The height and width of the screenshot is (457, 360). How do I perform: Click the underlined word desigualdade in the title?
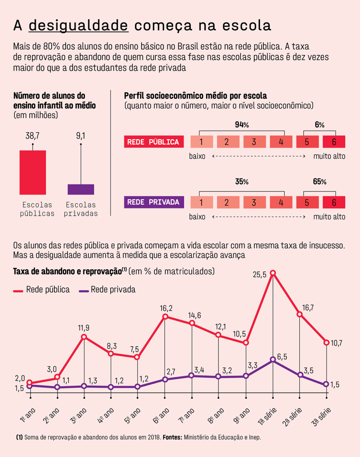coord(79,25)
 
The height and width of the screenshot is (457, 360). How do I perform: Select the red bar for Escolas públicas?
coord(33,172)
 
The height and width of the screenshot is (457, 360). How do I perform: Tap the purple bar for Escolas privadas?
coord(81,189)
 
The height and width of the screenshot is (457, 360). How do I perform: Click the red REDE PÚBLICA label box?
coord(153,142)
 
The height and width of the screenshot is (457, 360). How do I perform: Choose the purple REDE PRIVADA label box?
coord(153,202)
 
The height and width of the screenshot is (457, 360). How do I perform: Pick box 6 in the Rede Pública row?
coord(334,142)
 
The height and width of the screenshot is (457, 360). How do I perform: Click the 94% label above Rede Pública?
coord(241,125)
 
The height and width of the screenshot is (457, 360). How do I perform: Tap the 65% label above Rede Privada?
coord(320,182)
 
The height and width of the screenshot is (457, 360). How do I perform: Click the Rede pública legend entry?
coord(41,290)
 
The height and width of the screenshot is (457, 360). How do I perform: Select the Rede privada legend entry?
coord(107,290)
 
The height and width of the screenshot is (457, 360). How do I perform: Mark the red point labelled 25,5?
coord(273,273)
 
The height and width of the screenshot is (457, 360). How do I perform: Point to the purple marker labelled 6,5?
coord(273,359)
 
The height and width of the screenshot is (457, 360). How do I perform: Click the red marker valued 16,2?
coord(165,317)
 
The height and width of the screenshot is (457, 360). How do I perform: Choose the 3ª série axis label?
coord(322,418)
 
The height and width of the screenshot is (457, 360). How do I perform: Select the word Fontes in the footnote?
coord(171,438)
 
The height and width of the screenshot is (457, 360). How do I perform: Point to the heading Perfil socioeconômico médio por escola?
coord(195,96)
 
